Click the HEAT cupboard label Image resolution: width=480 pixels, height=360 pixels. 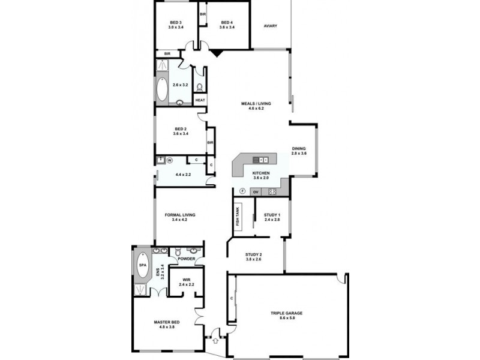[x=200, y=100]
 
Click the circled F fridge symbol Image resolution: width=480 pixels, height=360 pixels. [x=242, y=191]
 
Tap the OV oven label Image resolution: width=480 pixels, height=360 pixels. [x=255, y=191]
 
